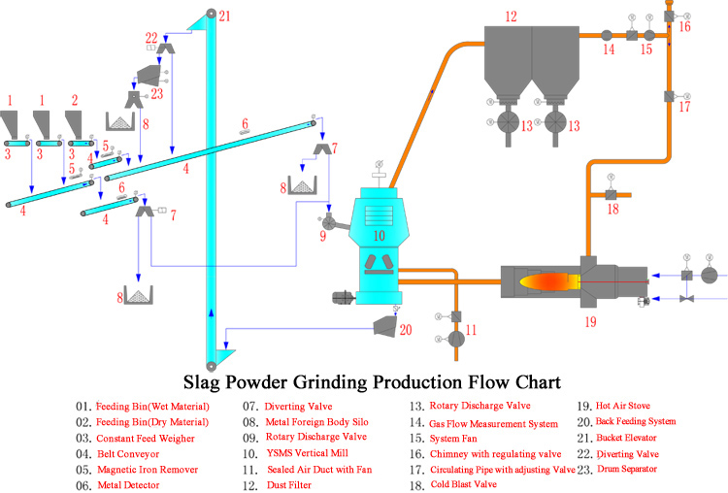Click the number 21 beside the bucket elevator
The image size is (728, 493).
coord(225,16)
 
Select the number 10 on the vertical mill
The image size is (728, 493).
coord(380,236)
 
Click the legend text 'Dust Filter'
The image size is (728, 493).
coord(289,485)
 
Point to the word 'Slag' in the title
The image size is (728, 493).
coord(201,382)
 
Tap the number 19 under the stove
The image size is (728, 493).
coord(590,321)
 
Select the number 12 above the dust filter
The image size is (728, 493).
coord(511,16)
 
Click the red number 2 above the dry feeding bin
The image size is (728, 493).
coord(75,100)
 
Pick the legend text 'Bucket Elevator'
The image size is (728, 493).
coord(626,438)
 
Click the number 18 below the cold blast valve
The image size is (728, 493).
coord(613,210)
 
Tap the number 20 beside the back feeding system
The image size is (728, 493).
coord(406,330)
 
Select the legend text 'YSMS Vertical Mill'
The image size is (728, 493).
coord(308,453)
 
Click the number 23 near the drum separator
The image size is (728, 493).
coord(157,94)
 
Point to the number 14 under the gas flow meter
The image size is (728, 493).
coord(609,49)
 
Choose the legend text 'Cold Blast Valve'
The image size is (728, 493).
coord(464,484)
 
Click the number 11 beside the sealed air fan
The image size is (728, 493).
coord(471,330)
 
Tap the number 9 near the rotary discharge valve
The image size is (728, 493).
coord(323,236)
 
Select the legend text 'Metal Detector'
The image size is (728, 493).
coord(128,485)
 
